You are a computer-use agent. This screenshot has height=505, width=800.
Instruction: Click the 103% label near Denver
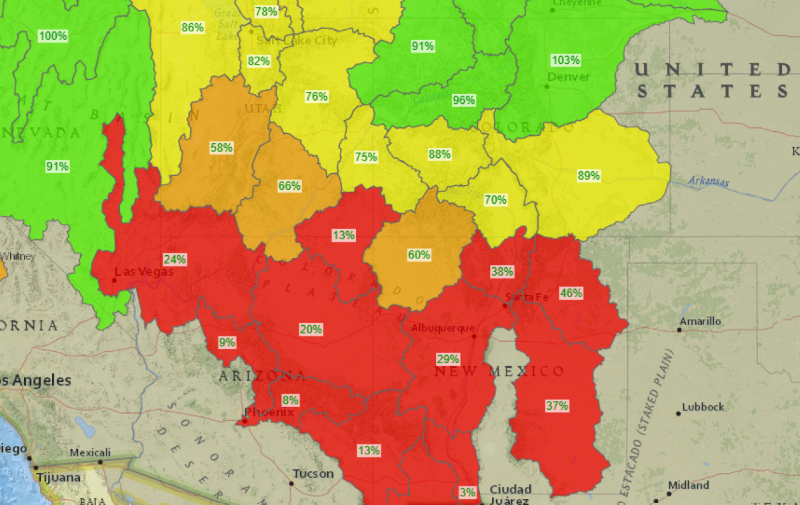(x=565, y=60)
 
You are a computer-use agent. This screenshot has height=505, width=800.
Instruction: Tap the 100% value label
(x=53, y=36)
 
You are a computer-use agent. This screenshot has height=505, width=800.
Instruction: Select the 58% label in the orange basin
(x=221, y=147)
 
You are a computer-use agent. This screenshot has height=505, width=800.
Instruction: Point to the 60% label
(x=419, y=254)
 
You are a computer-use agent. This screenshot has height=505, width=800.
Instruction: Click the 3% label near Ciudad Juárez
(x=467, y=492)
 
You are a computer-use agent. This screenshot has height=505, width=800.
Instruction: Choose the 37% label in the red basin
(x=557, y=405)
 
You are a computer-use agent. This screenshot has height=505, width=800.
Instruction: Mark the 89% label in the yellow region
(x=589, y=176)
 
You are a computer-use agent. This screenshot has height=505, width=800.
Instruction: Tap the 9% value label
(x=227, y=342)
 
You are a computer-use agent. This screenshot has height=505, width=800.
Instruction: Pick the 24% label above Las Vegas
(x=175, y=259)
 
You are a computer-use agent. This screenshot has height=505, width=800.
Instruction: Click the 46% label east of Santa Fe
(x=571, y=292)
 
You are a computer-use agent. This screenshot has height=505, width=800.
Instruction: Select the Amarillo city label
(x=700, y=321)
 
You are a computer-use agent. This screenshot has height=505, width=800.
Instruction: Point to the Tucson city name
(x=313, y=474)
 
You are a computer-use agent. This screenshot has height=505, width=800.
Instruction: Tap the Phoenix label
(x=269, y=412)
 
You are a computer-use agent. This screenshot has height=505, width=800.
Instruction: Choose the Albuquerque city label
(x=443, y=328)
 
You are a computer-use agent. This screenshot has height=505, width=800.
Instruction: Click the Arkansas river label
(x=709, y=182)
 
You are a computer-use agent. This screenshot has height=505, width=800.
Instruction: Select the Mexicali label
(x=90, y=453)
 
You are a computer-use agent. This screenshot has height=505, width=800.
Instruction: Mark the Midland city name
(x=689, y=485)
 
